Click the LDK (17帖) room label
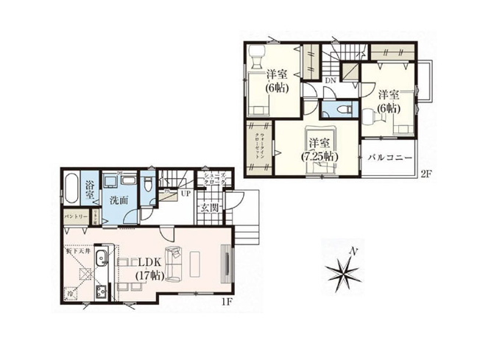pos(149,269)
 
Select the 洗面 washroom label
pos(119,199)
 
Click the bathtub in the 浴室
pos(71,189)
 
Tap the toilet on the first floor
pos(149,184)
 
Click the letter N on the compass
pos(353,252)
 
